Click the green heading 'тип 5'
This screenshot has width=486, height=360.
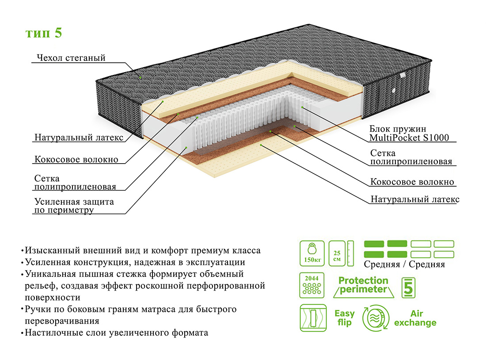click(x=44, y=34)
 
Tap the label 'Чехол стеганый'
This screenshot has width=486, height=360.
click(x=71, y=58)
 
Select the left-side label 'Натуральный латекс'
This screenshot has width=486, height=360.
click(x=79, y=137)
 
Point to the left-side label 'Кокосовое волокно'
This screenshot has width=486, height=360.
click(x=76, y=159)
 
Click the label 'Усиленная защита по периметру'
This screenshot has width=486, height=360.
click(x=74, y=206)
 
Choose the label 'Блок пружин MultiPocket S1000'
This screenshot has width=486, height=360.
click(x=409, y=133)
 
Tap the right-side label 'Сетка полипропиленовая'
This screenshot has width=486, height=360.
click(x=411, y=157)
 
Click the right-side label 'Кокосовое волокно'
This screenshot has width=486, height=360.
click(x=412, y=182)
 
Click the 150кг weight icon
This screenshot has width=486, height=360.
click(x=312, y=253)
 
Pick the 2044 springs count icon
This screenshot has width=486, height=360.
click(x=312, y=286)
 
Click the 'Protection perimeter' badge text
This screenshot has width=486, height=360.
click(x=363, y=285)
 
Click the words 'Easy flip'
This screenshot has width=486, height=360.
click(x=344, y=318)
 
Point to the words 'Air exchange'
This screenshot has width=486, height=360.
click(x=415, y=318)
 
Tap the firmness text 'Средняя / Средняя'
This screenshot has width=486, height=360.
click(x=404, y=264)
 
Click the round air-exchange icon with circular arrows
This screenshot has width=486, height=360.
click(x=376, y=318)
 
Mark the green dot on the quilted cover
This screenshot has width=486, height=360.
click(x=140, y=77)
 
